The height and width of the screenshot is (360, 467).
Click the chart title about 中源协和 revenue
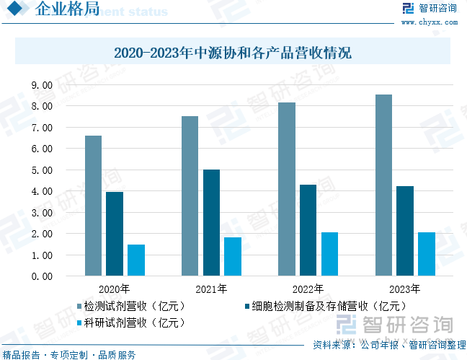click(x=233, y=53)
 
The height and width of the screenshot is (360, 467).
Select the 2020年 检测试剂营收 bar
click(x=93, y=206)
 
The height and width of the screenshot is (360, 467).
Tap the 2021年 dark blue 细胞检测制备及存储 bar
click(x=211, y=223)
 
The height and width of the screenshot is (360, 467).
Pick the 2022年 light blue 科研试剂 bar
click(x=329, y=254)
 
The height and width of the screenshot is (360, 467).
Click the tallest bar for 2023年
click(x=383, y=185)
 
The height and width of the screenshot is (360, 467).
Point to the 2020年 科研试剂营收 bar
click(x=136, y=260)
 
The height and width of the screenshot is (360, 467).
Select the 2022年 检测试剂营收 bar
click(x=287, y=189)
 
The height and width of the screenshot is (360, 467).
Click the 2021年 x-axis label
click(x=211, y=289)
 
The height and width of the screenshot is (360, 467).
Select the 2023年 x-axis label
click(x=405, y=289)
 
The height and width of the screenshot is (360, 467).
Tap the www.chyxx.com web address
click(x=430, y=22)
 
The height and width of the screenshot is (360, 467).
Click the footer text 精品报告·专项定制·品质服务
click(x=69, y=354)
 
